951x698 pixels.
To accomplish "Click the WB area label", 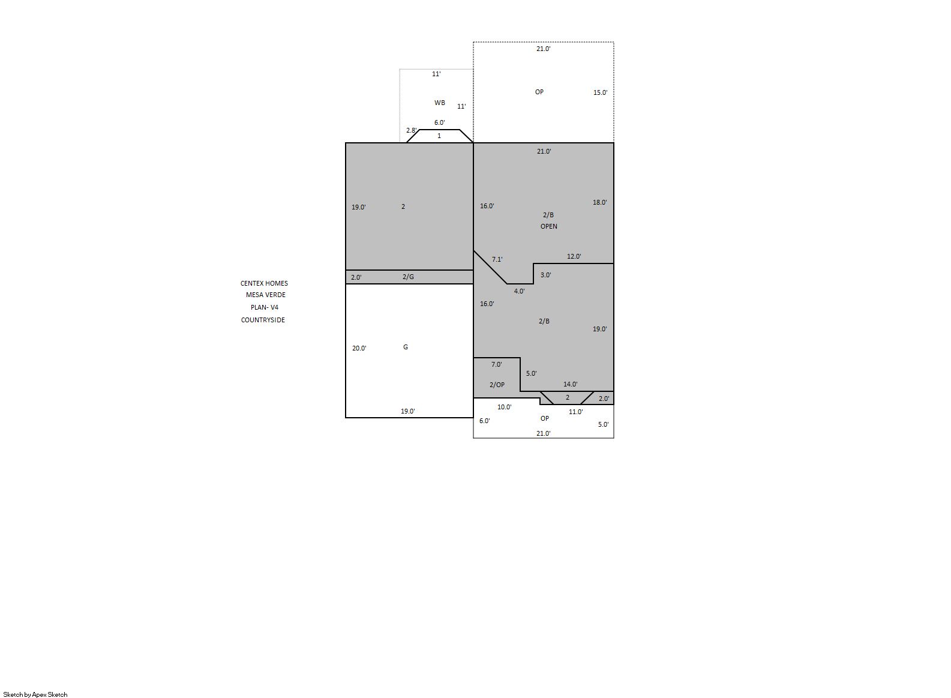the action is [439, 103].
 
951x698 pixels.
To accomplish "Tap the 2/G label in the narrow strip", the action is [408, 277].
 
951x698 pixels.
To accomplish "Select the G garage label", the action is [406, 347].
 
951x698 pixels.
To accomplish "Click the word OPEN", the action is [548, 226].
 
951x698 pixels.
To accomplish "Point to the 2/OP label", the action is [497, 385].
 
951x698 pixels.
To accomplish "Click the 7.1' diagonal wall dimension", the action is [497, 259].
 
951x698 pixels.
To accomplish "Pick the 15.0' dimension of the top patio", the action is [601, 92].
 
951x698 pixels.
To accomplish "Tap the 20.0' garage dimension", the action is [359, 348].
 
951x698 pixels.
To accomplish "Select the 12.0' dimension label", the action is [574, 256].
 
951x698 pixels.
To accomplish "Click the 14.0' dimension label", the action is [570, 384].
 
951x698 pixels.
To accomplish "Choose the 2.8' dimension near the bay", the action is [412, 130].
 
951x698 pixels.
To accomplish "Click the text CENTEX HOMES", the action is [264, 283].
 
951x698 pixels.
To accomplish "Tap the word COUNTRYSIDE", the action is [263, 320].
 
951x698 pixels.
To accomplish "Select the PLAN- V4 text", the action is [265, 307].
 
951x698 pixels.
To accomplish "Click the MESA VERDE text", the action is [266, 295].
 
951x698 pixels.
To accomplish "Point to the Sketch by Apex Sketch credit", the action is [35, 694].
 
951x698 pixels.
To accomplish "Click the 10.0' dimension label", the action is [505, 407].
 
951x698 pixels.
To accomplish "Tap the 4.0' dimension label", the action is [519, 291].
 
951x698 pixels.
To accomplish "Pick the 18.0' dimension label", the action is [600, 202].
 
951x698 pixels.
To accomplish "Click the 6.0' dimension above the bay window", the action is [439, 122].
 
